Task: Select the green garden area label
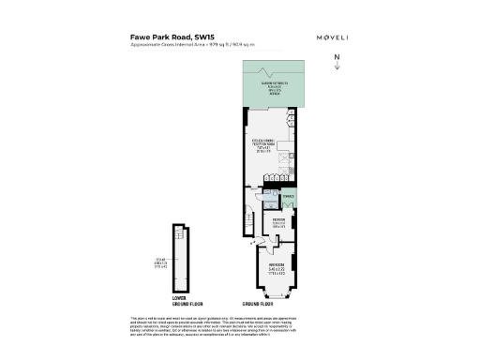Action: [x=275, y=88]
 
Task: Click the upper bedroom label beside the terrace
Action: [x=278, y=224]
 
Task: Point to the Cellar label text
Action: [x=160, y=263]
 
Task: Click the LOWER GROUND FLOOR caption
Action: [x=179, y=303]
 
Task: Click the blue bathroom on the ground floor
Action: [x=271, y=207]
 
